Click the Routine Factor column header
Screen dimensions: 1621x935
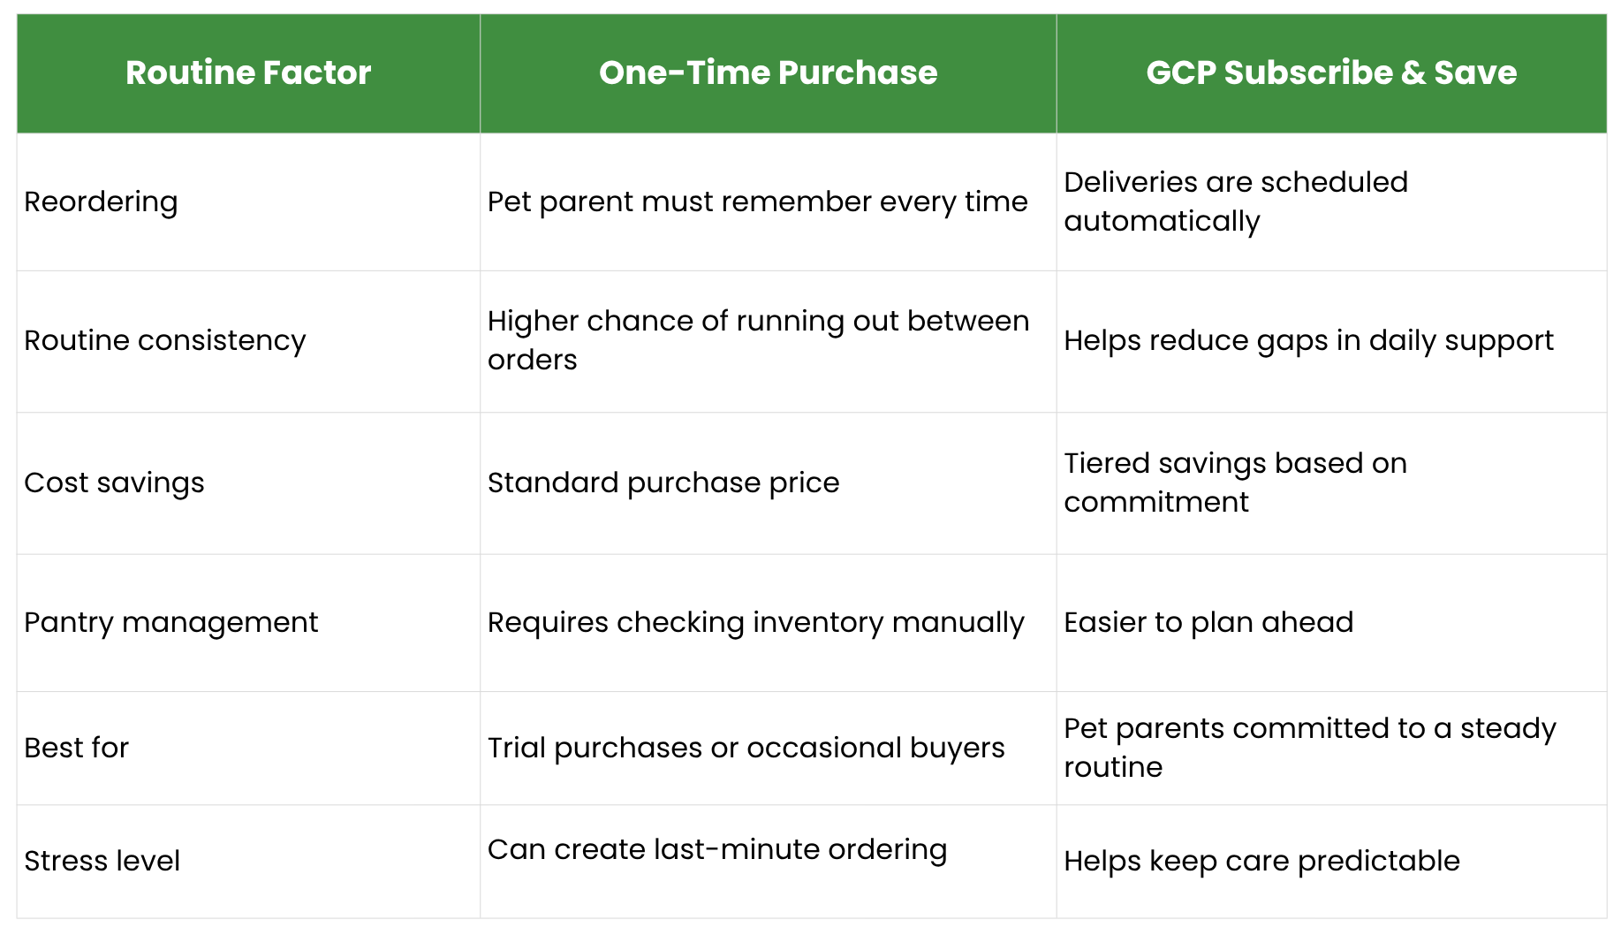point(248,72)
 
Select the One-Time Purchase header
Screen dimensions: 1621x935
point(768,72)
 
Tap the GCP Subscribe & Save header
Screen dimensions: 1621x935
point(1331,72)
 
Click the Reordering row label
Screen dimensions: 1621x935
point(101,202)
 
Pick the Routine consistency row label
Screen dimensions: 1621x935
point(165,340)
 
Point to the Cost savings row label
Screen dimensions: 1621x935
point(114,483)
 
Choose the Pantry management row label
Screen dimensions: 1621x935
point(171,623)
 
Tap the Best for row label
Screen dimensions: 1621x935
point(77,748)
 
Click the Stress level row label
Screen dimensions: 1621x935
point(102,861)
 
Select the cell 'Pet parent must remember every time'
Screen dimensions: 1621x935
point(757,202)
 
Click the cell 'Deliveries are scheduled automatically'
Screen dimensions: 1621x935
point(1236,201)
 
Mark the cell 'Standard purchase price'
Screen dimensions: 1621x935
point(663,483)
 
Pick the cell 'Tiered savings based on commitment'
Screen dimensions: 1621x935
point(1235,483)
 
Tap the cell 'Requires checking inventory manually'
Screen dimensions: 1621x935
point(755,623)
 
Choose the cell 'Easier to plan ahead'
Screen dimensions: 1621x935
point(1208,623)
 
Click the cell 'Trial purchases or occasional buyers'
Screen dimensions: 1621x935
point(746,748)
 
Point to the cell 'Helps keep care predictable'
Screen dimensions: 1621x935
point(1261,861)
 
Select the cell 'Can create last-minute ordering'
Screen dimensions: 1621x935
point(717,849)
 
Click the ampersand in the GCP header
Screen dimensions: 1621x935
point(1413,72)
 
